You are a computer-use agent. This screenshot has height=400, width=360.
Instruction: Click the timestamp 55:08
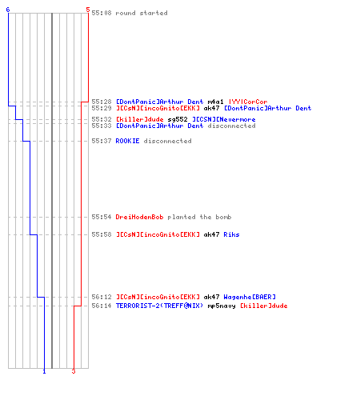tap(102, 13)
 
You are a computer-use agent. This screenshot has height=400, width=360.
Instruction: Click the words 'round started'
tap(142, 13)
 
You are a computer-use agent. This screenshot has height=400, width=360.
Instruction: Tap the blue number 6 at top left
tap(8, 10)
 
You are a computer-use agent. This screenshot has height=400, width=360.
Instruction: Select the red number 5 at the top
tap(88, 10)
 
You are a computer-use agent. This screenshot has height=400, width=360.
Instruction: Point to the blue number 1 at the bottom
tap(44, 371)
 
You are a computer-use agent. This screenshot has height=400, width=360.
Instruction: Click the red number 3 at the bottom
tap(74, 371)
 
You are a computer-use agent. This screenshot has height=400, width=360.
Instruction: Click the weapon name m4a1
tap(215, 102)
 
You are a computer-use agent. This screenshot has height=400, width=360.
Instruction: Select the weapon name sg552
tap(178, 119)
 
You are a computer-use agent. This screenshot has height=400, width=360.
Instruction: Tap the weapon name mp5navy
tap(222, 306)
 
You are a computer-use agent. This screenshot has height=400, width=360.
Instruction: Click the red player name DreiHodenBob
tap(139, 217)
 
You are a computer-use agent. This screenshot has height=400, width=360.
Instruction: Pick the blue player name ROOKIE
tap(127, 141)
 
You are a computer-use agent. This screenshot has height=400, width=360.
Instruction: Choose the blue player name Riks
tap(231, 234)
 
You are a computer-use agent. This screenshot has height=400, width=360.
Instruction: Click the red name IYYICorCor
tap(248, 102)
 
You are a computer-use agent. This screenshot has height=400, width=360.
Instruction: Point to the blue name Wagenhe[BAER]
tap(250, 297)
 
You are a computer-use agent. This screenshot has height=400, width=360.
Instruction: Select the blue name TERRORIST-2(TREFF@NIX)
tap(159, 306)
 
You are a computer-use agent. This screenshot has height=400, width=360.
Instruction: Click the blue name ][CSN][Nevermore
tap(224, 119)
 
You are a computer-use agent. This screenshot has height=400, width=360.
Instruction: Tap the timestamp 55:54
tap(102, 217)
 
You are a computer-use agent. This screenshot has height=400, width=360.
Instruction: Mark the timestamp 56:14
tap(102, 306)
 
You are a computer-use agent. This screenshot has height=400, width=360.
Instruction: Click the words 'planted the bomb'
tap(199, 217)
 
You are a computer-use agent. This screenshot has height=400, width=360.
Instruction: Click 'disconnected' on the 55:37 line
tap(167, 141)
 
